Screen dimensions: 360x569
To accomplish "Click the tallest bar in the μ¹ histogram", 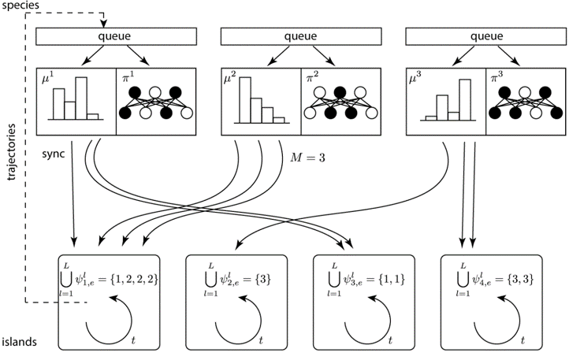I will pos(80,98).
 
